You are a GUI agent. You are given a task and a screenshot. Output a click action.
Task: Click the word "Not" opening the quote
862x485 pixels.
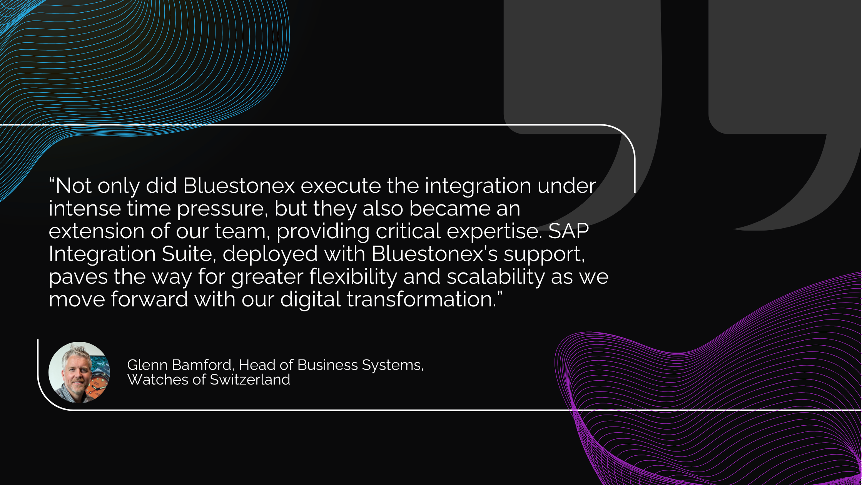click(x=74, y=186)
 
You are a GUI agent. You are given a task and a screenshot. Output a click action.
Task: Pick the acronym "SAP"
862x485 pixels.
click(x=568, y=231)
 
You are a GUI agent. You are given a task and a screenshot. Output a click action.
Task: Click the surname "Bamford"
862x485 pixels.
click(x=203, y=365)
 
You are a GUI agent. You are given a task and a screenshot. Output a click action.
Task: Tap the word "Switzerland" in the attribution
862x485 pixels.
click(x=250, y=380)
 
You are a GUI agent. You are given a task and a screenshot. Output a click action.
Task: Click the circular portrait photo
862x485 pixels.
click(x=79, y=373)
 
